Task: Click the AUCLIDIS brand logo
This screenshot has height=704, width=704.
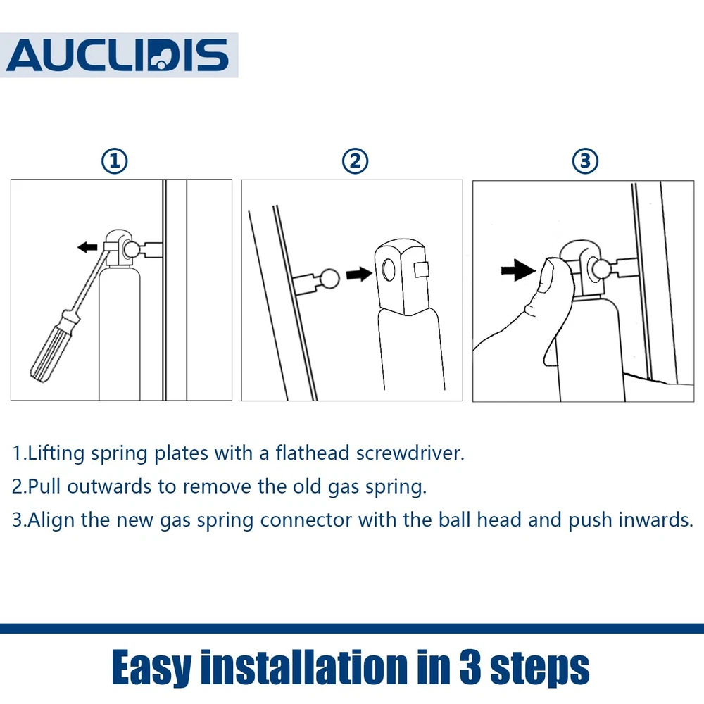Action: point(118,55)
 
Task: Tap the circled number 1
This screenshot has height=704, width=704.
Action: point(115,161)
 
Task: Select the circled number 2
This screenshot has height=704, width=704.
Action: point(355,161)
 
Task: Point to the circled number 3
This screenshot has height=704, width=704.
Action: point(585,161)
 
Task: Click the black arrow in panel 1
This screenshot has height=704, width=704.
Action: point(87,247)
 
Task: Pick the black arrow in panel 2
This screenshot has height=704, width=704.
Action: point(359,274)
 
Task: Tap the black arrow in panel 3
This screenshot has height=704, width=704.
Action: point(518,270)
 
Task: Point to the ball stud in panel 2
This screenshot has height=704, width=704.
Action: point(329,279)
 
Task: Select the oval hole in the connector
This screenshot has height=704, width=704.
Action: point(389,270)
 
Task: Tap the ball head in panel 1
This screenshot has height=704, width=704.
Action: point(132,250)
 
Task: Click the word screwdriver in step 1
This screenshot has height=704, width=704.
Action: point(410,453)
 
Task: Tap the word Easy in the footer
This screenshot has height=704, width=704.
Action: point(152,669)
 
